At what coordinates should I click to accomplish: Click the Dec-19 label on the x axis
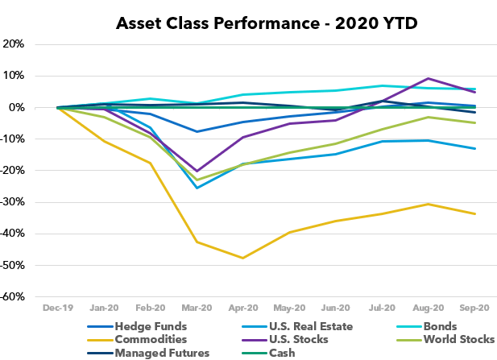(x=57, y=308)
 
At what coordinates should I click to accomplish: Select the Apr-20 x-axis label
(x=243, y=308)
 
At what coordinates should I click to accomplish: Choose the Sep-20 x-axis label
(x=474, y=308)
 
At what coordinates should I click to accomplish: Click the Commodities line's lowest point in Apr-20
(x=243, y=258)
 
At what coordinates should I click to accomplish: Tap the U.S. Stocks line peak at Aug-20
(x=429, y=78)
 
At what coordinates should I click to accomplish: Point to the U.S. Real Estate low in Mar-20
(x=197, y=188)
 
